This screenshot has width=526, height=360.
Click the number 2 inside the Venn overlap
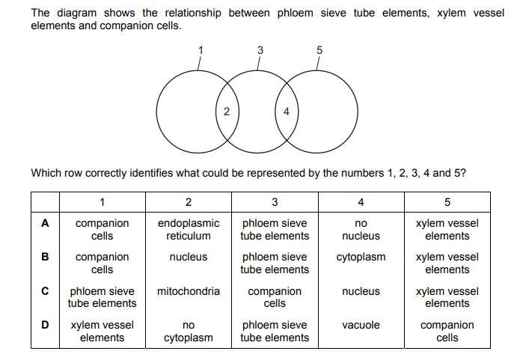click(227, 112)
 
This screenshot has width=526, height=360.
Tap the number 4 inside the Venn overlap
click(286, 112)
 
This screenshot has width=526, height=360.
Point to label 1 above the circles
click(201, 50)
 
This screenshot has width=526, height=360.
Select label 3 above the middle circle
click(260, 50)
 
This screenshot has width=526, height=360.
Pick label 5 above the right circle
click(319, 50)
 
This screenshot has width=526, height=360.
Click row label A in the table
click(45, 223)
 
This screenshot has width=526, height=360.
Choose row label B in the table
click(45, 257)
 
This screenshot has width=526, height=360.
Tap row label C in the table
click(45, 291)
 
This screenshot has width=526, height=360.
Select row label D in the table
click(45, 325)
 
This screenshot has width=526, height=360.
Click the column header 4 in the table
click(361, 202)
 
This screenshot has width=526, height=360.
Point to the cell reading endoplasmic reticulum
click(189, 230)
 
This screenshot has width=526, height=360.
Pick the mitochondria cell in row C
click(189, 291)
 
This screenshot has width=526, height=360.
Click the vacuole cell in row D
click(361, 325)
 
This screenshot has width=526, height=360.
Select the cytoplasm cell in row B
click(361, 257)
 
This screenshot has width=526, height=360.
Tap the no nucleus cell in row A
click(361, 230)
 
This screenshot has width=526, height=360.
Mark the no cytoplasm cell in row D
click(189, 332)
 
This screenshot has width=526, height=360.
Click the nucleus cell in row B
click(189, 257)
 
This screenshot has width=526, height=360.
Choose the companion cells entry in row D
click(447, 331)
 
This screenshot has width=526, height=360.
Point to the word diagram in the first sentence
click(76, 13)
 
